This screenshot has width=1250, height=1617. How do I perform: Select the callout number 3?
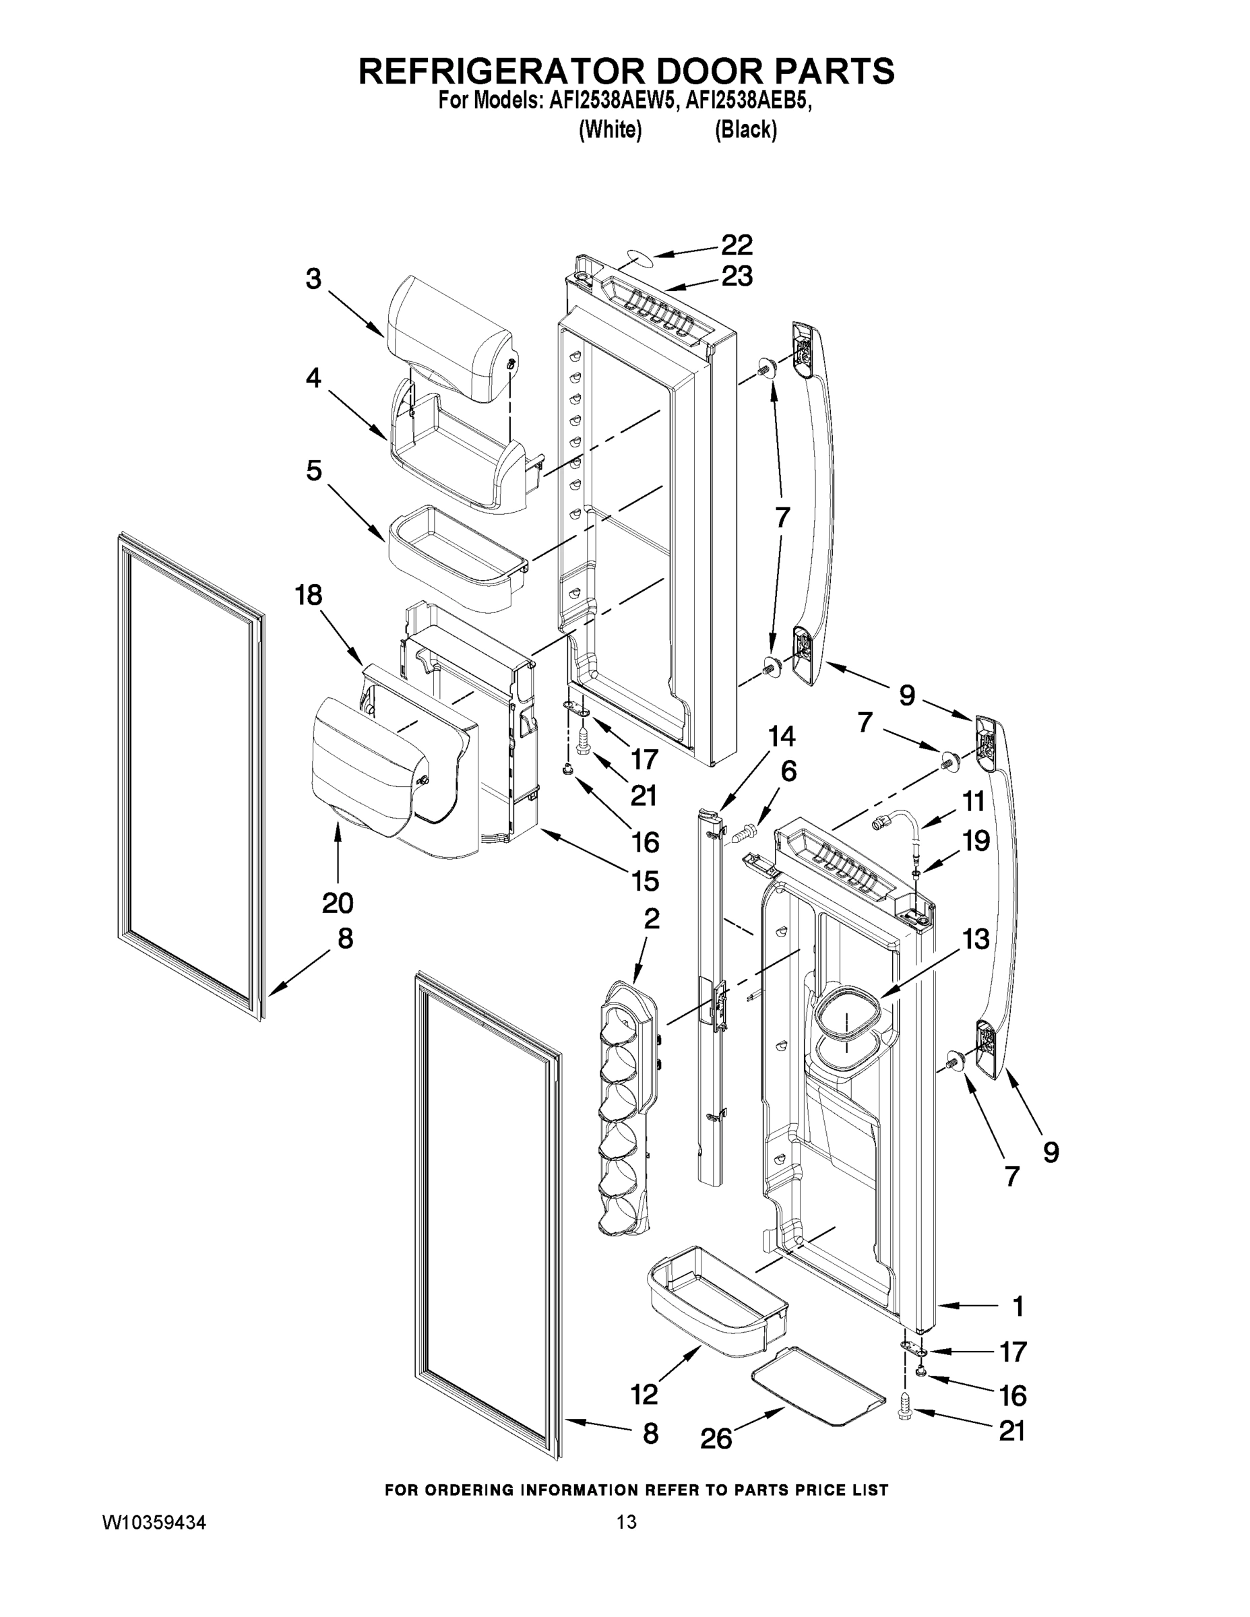tap(313, 279)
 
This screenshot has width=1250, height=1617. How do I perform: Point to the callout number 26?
tap(716, 1438)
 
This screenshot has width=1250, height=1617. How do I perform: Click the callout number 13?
tap(975, 939)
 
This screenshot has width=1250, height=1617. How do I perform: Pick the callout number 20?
tap(338, 903)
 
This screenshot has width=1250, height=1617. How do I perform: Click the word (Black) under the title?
tap(746, 130)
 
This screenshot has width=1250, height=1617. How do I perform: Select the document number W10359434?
tap(154, 1522)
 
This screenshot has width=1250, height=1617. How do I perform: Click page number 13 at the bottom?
tap(627, 1522)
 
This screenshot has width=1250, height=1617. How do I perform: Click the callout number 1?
tap(1018, 1308)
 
